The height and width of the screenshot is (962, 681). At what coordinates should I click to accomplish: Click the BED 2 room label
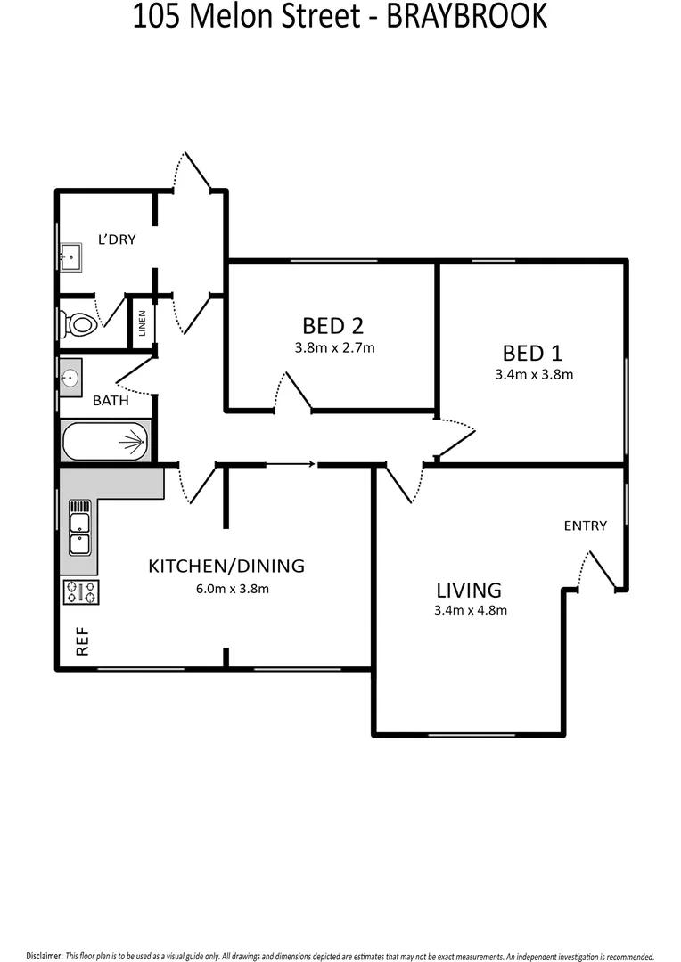point(333,326)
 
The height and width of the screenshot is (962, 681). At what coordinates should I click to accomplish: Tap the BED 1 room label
point(533,353)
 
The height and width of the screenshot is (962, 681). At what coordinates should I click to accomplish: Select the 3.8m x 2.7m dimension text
point(334,348)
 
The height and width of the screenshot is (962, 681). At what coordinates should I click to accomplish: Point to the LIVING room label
point(469,590)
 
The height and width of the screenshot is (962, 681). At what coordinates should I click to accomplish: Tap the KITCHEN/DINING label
point(226,566)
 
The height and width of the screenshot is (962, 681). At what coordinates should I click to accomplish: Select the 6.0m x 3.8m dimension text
point(232,588)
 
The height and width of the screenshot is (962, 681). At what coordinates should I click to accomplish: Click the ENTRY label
point(585,526)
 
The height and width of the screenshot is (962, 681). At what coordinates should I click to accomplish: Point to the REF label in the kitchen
point(83,642)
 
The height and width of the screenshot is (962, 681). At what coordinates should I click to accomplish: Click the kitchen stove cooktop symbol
point(81,591)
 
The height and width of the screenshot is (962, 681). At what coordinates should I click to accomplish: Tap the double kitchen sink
point(79,533)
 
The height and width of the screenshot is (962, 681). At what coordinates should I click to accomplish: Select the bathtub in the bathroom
point(105,440)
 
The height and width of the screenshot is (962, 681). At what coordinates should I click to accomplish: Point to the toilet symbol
point(77,324)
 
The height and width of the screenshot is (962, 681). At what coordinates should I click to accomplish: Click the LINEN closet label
point(142,326)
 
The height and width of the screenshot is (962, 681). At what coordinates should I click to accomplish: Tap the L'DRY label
point(117,239)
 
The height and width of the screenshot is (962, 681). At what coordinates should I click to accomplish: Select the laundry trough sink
point(70,257)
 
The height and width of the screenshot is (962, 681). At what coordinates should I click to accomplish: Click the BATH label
point(111,401)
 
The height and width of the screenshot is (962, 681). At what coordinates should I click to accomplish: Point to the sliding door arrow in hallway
point(291,463)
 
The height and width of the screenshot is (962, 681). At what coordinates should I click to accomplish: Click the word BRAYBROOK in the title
point(466,17)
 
